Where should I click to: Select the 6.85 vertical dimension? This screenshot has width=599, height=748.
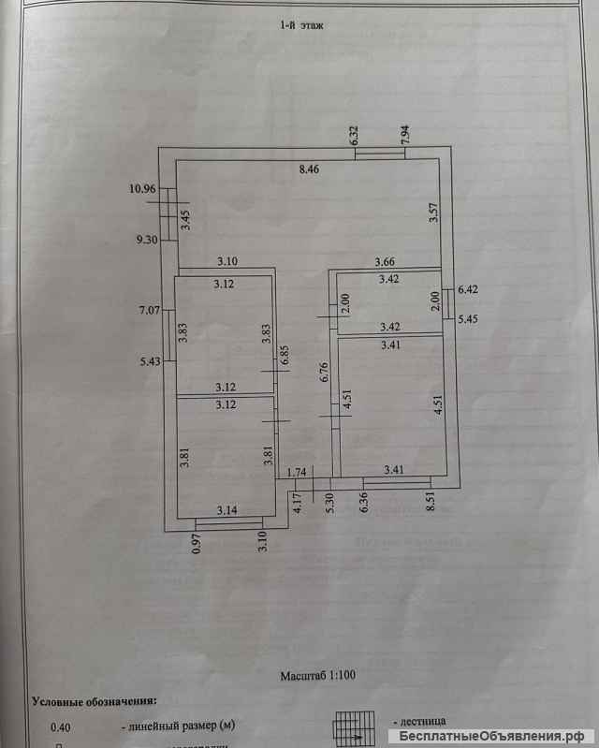coord(285,359)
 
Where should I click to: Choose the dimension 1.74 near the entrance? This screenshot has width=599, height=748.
coord(298,473)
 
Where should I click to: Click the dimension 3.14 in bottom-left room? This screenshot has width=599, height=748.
coord(228,510)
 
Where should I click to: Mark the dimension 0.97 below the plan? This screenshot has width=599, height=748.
coord(197,542)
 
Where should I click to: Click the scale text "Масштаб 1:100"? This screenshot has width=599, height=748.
coord(317,675)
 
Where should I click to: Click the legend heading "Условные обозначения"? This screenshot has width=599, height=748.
coord(94,699)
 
